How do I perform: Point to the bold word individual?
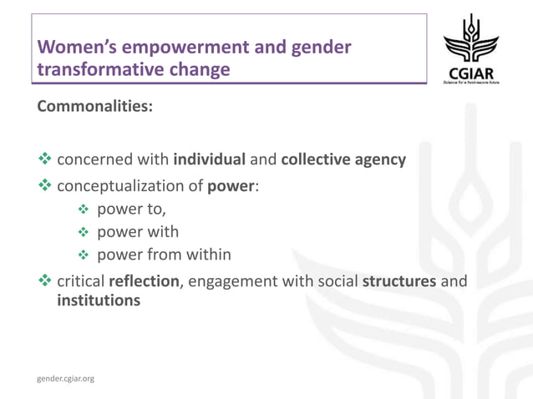click(210, 159)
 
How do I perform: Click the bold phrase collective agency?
click(343, 159)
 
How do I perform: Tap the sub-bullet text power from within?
click(164, 255)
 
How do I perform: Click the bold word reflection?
click(144, 281)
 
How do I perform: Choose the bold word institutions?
click(99, 300)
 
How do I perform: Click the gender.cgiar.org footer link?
click(66, 379)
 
